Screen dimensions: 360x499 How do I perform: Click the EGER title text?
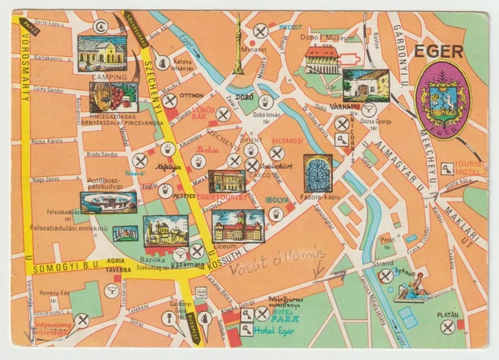click(x=440, y=51)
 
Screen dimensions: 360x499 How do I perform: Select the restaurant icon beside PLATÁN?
click(x=448, y=327)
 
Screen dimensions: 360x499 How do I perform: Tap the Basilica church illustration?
click(x=165, y=231)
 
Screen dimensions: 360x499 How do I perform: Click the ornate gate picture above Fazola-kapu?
click(x=318, y=173)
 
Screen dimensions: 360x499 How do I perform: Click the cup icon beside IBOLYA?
click(x=274, y=213)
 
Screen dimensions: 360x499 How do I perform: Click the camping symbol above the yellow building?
click(x=101, y=26)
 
